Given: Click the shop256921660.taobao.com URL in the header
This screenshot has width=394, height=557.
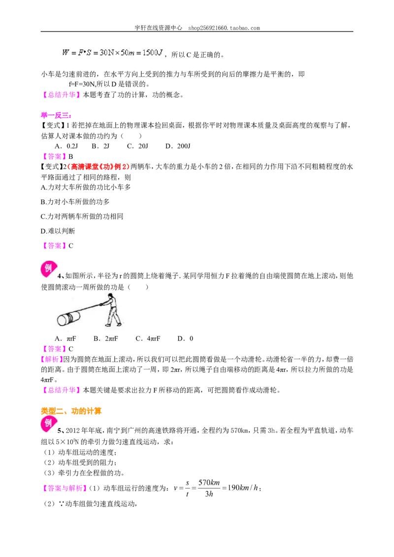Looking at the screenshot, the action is (224, 28).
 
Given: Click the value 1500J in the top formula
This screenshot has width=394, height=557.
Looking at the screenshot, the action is (153, 53).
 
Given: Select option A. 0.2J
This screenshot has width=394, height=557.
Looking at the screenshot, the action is (66, 146).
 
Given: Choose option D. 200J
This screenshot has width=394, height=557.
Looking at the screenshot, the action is (178, 146).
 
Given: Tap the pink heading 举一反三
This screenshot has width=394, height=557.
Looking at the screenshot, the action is (56, 115).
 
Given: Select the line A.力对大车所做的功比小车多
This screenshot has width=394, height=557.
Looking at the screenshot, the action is (86, 187).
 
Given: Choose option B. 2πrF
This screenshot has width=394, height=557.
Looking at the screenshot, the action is (105, 339).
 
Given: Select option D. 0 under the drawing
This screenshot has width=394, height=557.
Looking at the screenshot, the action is (185, 339).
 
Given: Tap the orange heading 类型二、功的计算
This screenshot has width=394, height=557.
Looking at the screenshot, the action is (71, 411).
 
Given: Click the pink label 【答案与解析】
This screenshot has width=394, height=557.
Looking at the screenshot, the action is (64, 488).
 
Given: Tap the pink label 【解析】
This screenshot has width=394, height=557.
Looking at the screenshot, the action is (52, 359).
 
